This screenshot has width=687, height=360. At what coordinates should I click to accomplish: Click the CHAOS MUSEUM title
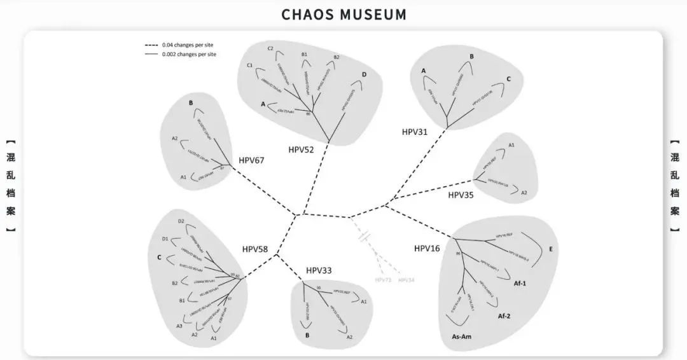coord(343,14)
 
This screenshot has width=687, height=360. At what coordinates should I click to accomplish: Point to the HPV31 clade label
coord(415,132)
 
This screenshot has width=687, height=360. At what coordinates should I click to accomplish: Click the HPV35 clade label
coord(461,194)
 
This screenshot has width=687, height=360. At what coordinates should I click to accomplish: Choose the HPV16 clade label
coord(427,247)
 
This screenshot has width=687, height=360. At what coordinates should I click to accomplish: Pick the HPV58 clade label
coord(255,249)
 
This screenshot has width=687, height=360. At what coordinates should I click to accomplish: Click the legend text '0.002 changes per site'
coord(190,54)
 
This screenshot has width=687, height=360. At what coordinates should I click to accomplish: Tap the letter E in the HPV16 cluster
coord(550,249)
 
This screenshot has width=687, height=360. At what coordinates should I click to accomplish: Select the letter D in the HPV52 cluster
coord(364,75)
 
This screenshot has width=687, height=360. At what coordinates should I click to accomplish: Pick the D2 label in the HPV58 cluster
coord(181,221)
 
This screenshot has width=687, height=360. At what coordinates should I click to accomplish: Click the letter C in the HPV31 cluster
coord(509,79)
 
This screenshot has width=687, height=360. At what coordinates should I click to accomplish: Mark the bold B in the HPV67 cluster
coord(190,103)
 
